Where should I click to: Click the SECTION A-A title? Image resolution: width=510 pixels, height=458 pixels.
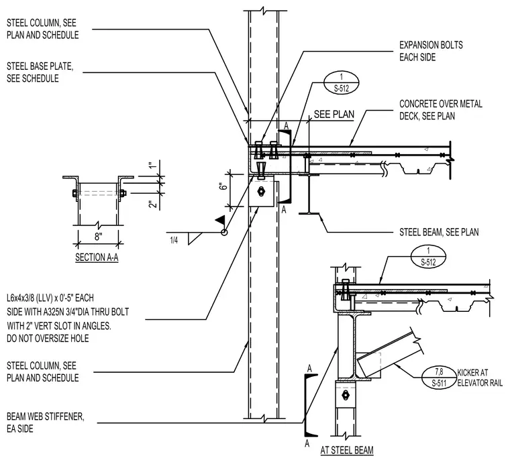(x=97, y=257)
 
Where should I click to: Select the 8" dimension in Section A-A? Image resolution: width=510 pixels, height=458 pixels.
(x=98, y=237)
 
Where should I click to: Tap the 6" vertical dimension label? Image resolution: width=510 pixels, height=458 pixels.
(x=223, y=187)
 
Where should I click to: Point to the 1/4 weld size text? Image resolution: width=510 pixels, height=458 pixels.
(x=174, y=240)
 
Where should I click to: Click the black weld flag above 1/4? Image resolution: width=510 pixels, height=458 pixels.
(x=221, y=220)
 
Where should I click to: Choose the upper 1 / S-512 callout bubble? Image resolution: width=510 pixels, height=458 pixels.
(x=341, y=82)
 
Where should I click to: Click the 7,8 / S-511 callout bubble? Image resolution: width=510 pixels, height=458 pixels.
(x=439, y=377)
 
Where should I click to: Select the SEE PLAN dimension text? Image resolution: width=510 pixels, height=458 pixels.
(x=334, y=115)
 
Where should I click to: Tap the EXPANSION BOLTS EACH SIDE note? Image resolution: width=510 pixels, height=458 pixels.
(x=431, y=51)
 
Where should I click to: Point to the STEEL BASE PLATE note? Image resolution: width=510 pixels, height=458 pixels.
(x=40, y=72)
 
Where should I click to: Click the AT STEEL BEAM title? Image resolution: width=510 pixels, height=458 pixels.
(x=347, y=450)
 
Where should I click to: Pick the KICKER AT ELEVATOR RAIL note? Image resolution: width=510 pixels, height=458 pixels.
(x=480, y=378)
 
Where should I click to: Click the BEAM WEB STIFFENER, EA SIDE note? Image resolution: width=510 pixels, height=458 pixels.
(x=46, y=422)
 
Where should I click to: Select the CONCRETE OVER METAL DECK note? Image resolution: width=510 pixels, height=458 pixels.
(x=441, y=110)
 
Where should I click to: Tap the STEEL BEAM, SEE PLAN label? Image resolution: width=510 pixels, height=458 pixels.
(x=439, y=232)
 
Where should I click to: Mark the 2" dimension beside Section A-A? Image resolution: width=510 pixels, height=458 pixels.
(x=152, y=205)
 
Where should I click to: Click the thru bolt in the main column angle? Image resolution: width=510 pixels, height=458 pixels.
(x=260, y=192)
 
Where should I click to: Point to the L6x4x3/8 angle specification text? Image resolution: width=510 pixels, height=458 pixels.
(x=68, y=319)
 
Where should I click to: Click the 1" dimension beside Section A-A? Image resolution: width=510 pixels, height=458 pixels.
(x=152, y=165)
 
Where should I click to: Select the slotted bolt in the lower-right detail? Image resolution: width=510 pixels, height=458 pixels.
(x=345, y=396)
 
